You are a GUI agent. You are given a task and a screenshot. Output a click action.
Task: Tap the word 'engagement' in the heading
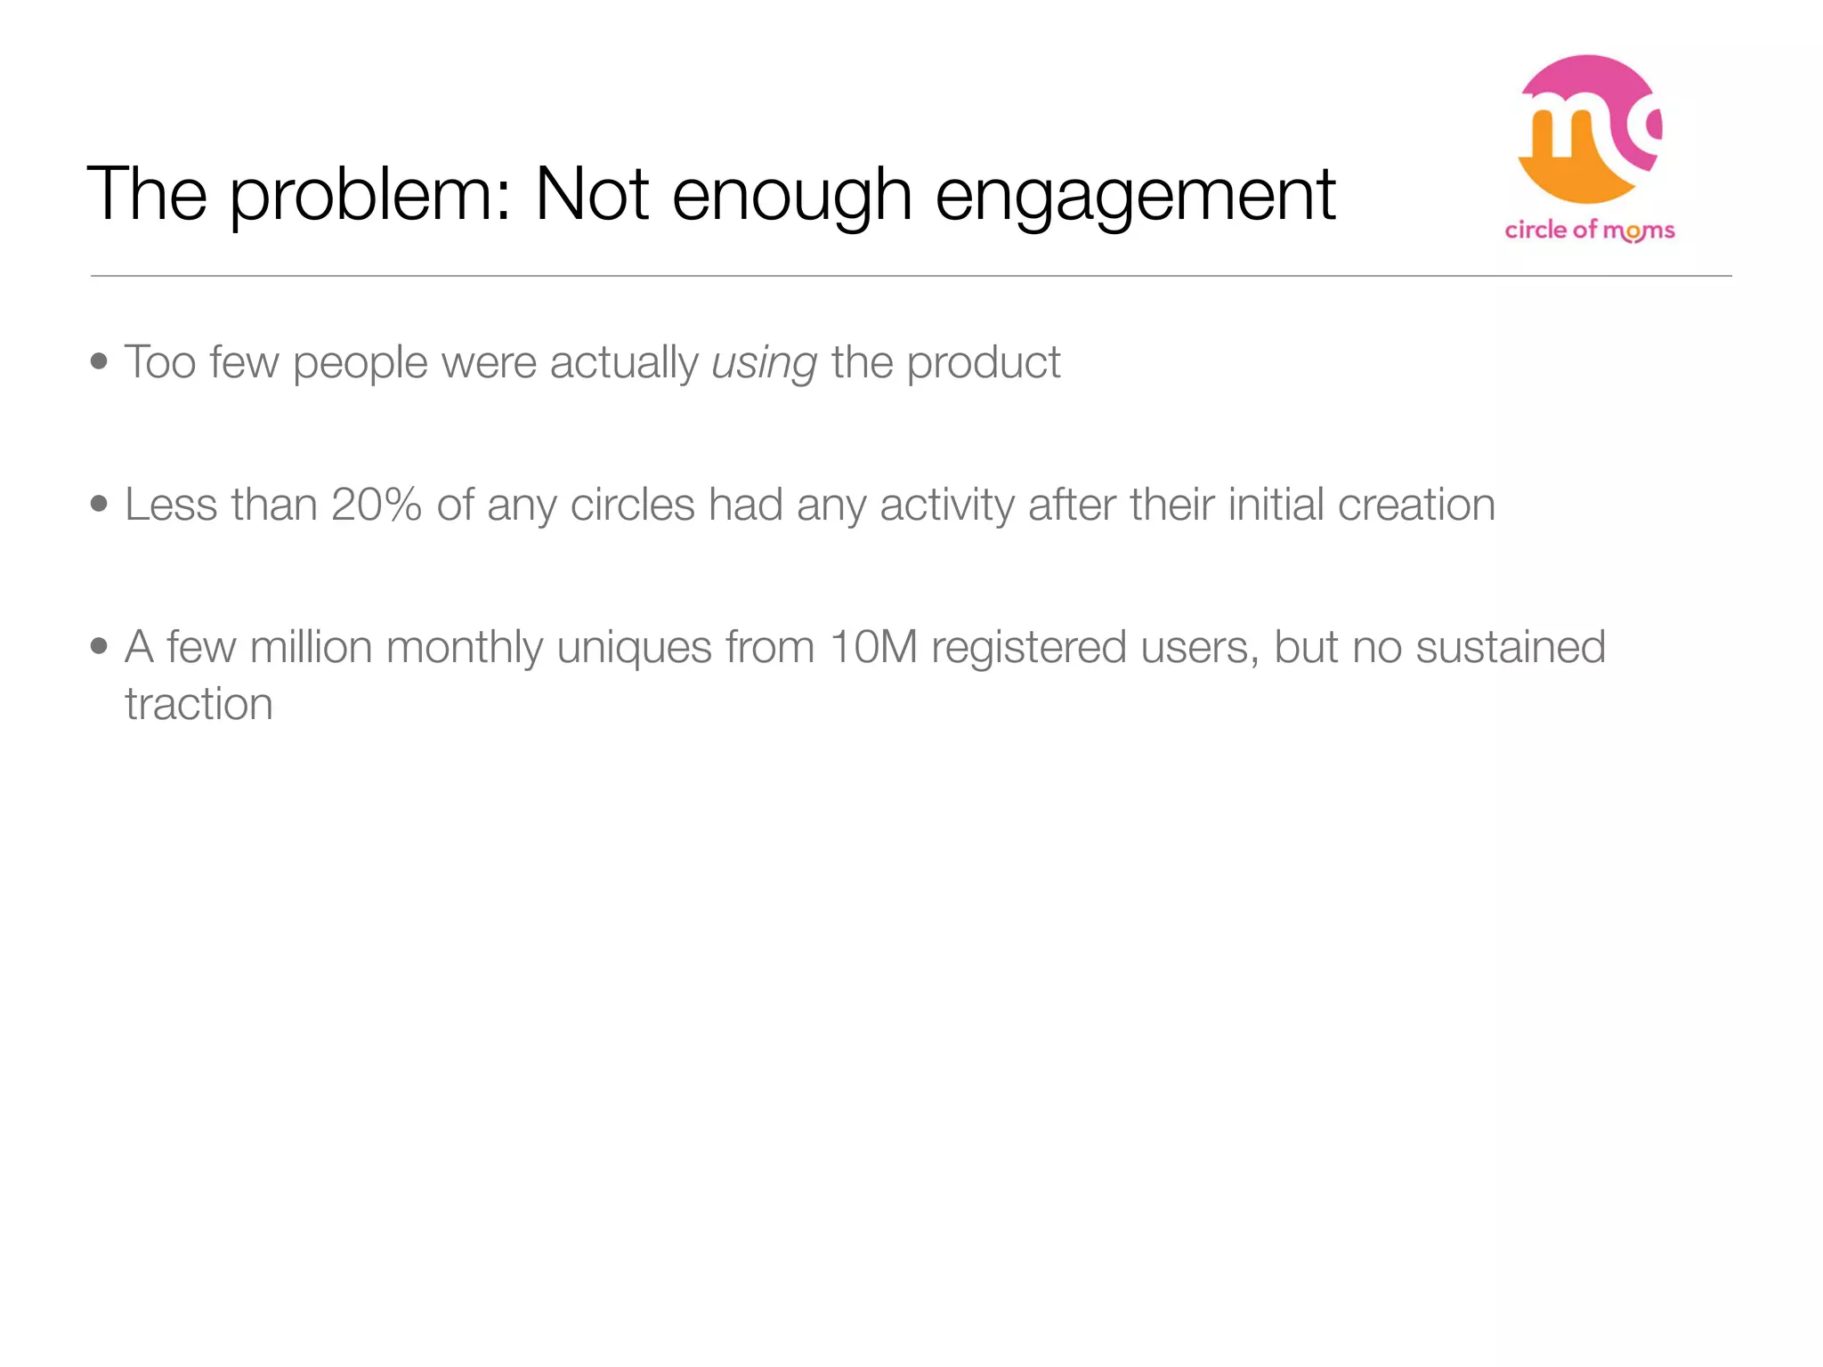point(1135,196)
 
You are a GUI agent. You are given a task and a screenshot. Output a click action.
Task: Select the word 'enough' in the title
point(791,196)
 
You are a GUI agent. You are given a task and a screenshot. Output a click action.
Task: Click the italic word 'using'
point(764,364)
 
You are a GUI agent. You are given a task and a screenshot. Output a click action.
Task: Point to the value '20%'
point(376,505)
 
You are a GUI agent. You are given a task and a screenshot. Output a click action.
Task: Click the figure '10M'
point(872,647)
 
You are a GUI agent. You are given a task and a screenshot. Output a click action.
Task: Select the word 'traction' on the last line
point(199,705)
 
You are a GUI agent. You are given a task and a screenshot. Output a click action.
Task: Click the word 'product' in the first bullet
point(984,362)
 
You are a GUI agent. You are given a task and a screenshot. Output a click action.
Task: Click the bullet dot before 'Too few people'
point(99,361)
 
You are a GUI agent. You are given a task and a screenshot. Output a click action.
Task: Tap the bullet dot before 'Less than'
point(99,504)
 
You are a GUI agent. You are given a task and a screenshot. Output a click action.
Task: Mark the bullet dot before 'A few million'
point(99,646)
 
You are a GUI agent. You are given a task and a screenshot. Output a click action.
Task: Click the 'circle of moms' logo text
point(1590,231)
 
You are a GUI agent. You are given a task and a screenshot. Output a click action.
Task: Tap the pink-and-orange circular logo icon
point(1589,129)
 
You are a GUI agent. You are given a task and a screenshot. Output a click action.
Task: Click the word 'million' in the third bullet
point(311,647)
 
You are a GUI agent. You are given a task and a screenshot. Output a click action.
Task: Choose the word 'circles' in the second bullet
point(632,505)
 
